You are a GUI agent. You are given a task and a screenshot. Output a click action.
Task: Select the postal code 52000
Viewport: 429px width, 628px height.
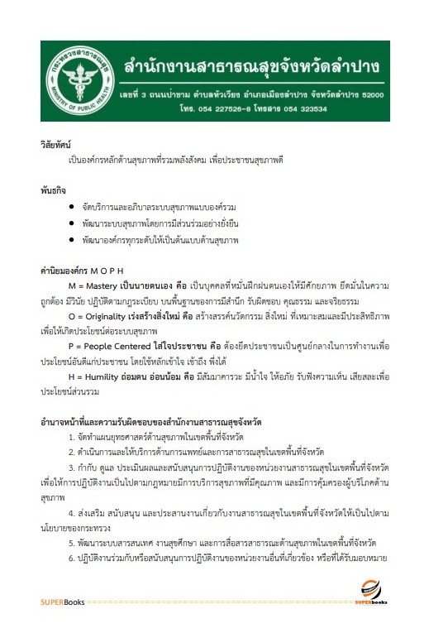click(374, 94)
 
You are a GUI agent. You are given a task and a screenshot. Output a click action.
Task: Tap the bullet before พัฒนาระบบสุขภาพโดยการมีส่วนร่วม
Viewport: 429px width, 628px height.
click(74, 224)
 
